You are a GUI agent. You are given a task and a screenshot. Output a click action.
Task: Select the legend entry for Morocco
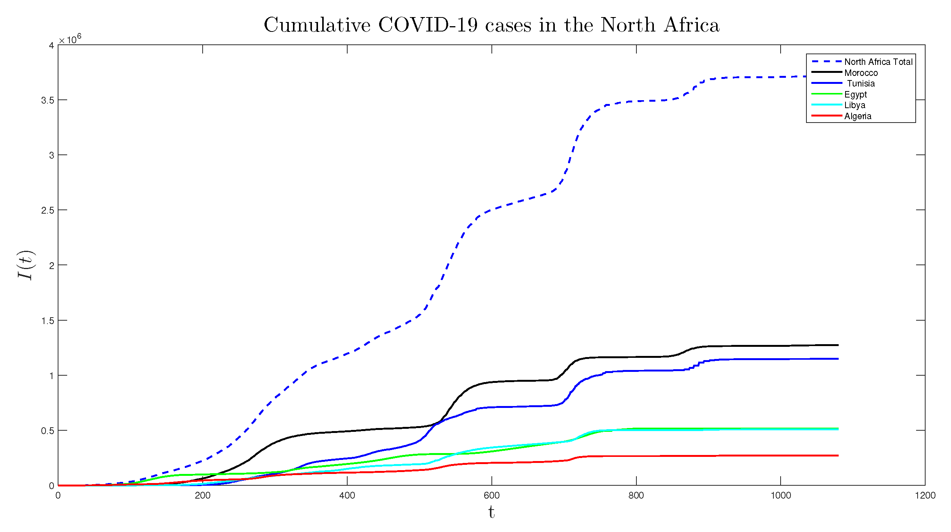(861, 73)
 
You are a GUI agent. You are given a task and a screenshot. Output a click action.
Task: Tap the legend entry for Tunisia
(861, 83)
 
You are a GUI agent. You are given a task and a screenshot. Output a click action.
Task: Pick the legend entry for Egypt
(855, 94)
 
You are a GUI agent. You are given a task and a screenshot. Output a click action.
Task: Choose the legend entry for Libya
(855, 105)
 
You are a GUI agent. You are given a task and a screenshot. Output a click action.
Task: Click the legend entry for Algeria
(858, 116)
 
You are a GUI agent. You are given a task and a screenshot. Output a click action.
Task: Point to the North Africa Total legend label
(878, 62)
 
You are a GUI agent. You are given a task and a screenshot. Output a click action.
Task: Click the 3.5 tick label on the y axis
(48, 101)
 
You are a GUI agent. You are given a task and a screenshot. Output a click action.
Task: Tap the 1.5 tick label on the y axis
(48, 321)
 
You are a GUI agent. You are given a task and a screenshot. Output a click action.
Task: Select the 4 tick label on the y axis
(51, 46)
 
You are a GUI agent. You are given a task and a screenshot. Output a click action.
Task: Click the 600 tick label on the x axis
(491, 496)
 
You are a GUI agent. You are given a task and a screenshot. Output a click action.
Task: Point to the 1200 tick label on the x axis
(925, 496)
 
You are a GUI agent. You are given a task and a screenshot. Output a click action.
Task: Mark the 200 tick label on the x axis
(202, 496)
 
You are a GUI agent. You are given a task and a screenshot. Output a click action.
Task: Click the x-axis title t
(491, 512)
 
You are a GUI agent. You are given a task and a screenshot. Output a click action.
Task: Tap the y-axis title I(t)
(26, 265)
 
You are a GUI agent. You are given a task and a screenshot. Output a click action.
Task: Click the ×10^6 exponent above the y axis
(70, 39)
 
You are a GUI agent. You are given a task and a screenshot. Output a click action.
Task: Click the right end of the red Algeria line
(838, 455)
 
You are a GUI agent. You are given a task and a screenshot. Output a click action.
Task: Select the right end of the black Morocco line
(838, 345)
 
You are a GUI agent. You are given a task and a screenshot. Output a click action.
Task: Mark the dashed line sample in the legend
(827, 61)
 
